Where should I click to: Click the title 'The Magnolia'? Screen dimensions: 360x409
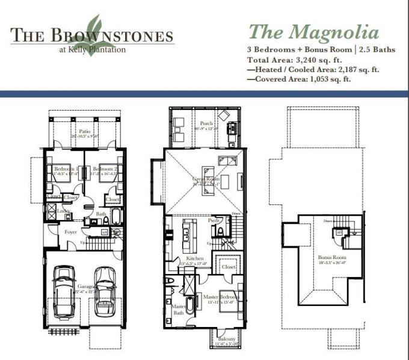pos(313,31)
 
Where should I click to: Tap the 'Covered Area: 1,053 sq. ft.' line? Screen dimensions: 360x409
pos(301,79)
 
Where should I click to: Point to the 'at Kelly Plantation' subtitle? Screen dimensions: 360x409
pos(93,49)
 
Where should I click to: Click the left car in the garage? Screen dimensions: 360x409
pos(65,291)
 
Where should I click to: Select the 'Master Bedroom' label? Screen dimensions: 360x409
pos(220,297)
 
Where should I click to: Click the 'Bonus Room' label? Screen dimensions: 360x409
pos(329,257)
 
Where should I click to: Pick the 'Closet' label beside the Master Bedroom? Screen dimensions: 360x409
pos(228,266)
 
